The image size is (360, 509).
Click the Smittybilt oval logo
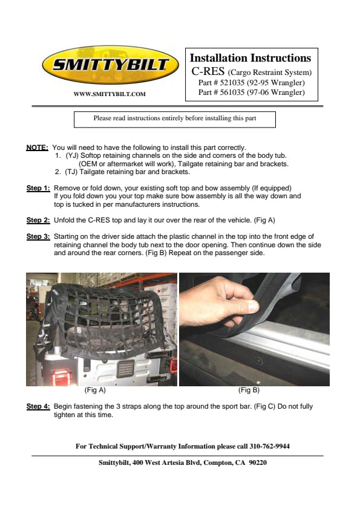tap(111, 65)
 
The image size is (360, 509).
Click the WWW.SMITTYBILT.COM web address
tap(110, 94)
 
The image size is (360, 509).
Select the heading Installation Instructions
tap(250, 58)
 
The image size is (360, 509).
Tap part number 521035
tap(232, 82)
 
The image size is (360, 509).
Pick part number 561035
tap(232, 92)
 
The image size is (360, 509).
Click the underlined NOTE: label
tap(37, 148)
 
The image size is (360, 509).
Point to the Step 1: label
tap(38, 188)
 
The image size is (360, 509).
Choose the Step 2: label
tap(38, 221)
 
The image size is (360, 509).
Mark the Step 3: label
tap(38, 236)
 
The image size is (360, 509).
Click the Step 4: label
tap(38, 406)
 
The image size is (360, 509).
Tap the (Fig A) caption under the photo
tap(95, 390)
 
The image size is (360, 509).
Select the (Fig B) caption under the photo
tap(249, 390)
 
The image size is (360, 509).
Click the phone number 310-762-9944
tap(269, 446)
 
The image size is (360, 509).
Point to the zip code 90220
tap(258, 462)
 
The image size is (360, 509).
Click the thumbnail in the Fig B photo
tap(252, 306)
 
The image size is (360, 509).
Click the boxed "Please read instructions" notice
tap(175, 120)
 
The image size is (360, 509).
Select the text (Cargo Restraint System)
tap(270, 73)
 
